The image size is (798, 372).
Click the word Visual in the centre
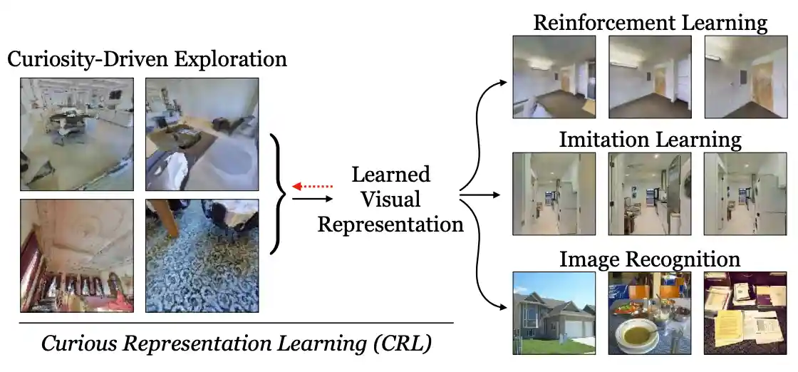point(390,200)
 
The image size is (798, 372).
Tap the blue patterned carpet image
point(202,256)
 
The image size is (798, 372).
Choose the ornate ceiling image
point(76,256)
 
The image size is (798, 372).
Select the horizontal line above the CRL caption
point(235,323)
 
